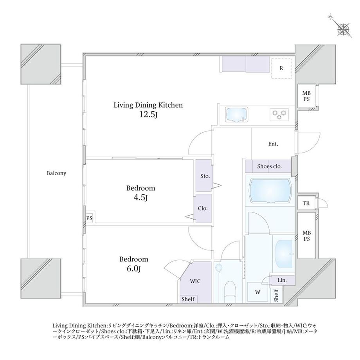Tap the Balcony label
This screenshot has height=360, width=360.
coord(56,173)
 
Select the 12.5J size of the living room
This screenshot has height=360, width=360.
coord(148,114)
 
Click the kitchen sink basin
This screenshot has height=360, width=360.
coord(236,115)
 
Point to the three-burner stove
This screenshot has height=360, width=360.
coord(279,115)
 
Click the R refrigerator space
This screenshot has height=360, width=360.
coord(281,68)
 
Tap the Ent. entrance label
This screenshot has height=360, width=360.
coord(273,144)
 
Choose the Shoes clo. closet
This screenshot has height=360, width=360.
coord(268,166)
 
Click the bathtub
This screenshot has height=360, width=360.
coord(270,191)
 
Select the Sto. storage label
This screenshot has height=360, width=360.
coord(205,176)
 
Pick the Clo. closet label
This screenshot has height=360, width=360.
coord(203,208)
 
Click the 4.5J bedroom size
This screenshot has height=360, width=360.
coord(140,198)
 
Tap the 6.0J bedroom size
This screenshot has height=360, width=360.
coord(133,268)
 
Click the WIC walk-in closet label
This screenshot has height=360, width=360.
coord(195,281)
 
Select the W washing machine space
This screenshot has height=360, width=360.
coord(258,292)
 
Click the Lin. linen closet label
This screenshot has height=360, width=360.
coord(282,280)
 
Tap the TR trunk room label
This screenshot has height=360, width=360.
coord(306,203)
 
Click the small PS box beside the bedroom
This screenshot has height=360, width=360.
coord(89,218)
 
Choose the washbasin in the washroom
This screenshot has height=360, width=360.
coord(284,254)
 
